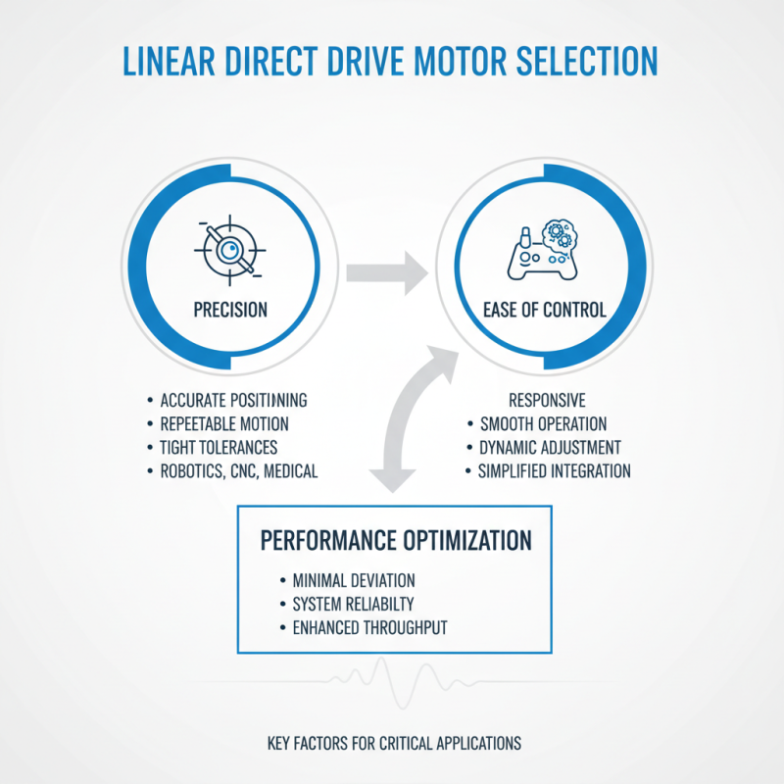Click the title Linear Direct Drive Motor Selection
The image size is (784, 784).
coord(391,61)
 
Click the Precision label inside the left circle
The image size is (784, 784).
coord(231,310)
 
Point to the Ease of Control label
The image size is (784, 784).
coord(545,310)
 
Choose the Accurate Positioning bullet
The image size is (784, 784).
coord(233,400)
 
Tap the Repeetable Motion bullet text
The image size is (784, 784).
coord(223,424)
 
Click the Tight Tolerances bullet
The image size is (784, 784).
coord(219,448)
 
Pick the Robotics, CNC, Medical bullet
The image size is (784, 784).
coord(238,471)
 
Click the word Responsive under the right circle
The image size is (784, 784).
coord(547,400)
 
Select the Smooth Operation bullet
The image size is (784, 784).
coord(543,424)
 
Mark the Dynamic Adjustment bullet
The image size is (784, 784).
coord(550,448)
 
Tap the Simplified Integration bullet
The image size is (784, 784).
coord(555,471)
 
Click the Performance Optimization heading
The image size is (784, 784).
coord(396,540)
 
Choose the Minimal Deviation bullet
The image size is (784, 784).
coord(353,580)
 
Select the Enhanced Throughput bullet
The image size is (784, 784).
coord(367,627)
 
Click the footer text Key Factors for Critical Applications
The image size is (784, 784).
coord(394,743)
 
